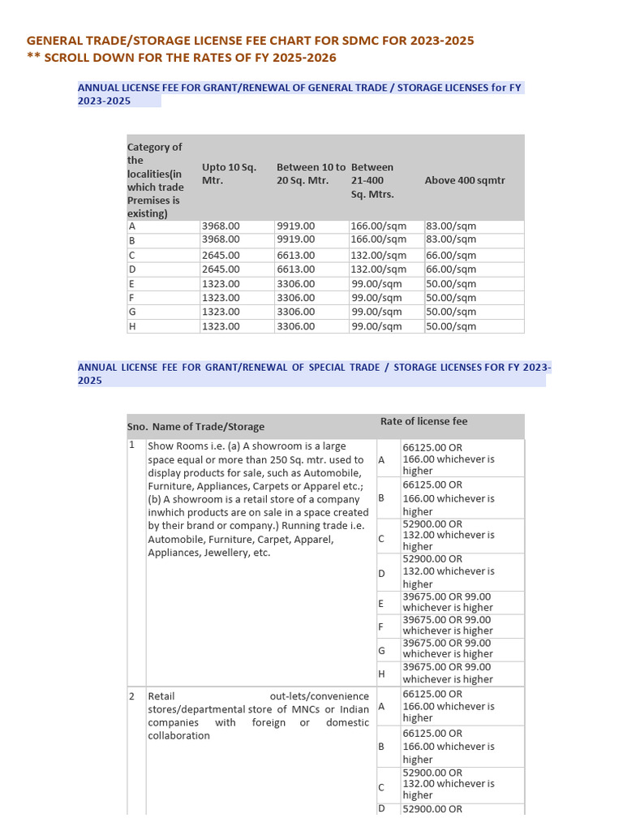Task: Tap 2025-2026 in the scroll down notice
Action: coord(304,58)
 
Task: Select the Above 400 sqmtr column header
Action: coord(464,180)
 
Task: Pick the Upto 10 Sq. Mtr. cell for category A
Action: coord(221,226)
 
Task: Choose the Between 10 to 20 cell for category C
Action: coord(295,255)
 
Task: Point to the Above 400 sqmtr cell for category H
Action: coord(451,326)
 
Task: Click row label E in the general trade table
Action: coord(131,284)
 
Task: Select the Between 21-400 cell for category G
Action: coord(376,312)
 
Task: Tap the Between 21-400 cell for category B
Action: coord(378,239)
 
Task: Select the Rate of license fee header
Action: coord(423,421)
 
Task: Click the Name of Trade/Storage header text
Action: coord(208,427)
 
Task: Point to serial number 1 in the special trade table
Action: coord(131,446)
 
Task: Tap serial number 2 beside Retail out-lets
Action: coord(131,696)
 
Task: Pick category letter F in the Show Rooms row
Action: coord(380,626)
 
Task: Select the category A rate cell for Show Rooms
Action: coord(449,459)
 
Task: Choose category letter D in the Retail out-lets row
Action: coord(380,809)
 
